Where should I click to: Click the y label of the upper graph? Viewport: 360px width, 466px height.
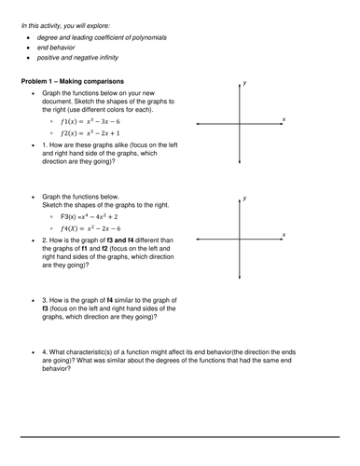pyautogui.click(x=244, y=83)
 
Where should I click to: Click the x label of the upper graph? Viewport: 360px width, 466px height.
pyautogui.click(x=284, y=119)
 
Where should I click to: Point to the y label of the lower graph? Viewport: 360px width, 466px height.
pyautogui.click(x=244, y=198)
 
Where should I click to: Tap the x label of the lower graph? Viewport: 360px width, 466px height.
pyautogui.click(x=284, y=234)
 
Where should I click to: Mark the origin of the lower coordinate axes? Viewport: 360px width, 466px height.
pyautogui.click(x=240, y=240)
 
